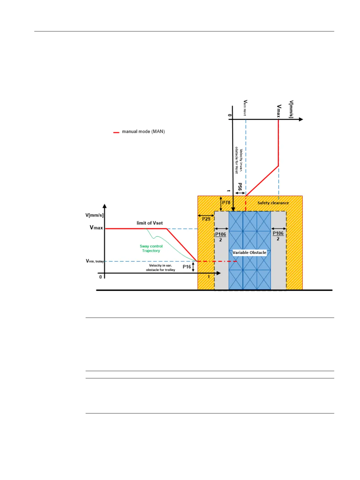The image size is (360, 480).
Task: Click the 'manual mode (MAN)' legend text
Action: [143, 132]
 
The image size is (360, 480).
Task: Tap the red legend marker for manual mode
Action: [116, 132]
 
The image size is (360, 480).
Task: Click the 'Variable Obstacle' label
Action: [249, 253]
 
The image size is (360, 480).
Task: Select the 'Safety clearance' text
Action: [273, 203]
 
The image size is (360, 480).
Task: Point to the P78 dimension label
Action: [226, 203]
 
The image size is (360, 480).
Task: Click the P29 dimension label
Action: [206, 219]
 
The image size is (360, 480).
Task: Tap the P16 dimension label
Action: [187, 266]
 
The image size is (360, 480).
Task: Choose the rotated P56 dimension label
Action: [240, 187]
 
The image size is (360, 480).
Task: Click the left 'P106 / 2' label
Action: [221, 237]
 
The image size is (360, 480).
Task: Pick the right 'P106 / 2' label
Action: [278, 236]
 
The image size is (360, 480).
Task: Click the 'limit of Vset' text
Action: [150, 223]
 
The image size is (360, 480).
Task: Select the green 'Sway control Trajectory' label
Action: [151, 248]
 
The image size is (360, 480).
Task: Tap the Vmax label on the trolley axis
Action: [96, 228]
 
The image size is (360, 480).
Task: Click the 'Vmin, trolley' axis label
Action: [95, 261]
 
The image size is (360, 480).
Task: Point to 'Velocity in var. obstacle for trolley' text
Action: [161, 268]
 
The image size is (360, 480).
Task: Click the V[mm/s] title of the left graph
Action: [94, 215]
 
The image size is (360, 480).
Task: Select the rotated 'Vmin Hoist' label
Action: [245, 108]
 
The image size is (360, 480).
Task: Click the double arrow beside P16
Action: [193, 267]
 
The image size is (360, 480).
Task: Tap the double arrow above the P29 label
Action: [206, 215]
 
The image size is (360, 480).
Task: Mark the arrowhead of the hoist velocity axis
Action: [300, 119]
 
